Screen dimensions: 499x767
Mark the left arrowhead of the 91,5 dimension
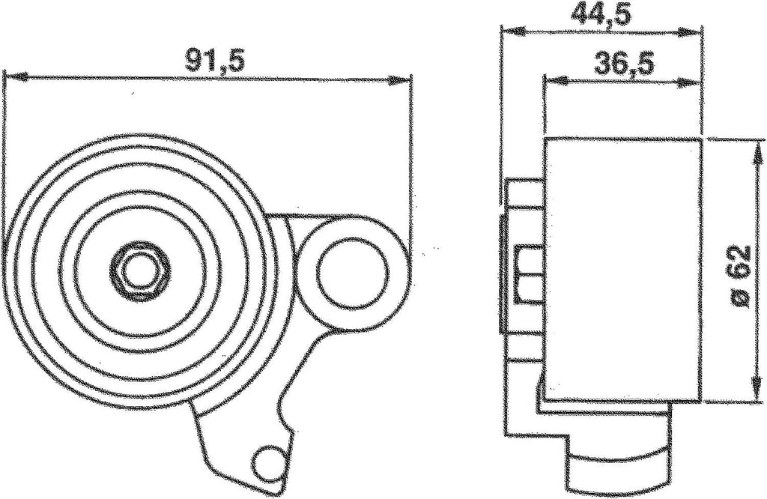(x=10, y=76)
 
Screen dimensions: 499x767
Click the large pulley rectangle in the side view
(x=622, y=270)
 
